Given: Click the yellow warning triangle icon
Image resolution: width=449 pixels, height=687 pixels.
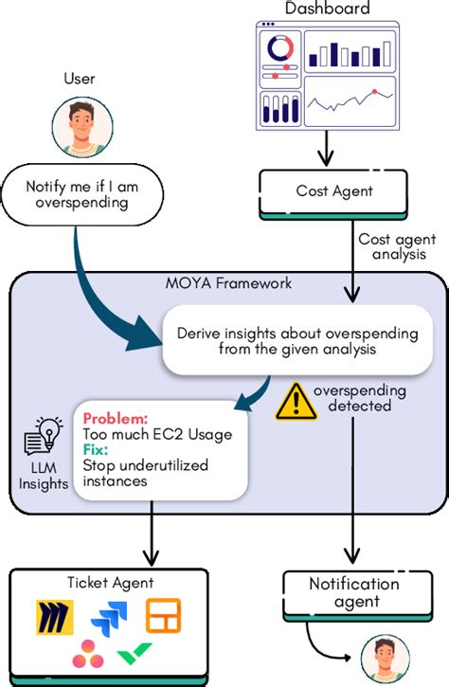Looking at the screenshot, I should pyautogui.click(x=295, y=402).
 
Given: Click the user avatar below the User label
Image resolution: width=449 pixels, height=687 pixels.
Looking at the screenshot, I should pyautogui.click(x=79, y=128).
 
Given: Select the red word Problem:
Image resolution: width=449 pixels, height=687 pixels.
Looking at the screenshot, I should pyautogui.click(x=114, y=418).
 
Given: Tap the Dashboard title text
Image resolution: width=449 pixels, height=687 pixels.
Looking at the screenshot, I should pyautogui.click(x=327, y=9).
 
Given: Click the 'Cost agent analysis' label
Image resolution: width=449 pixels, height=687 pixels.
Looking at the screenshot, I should pyautogui.click(x=398, y=246).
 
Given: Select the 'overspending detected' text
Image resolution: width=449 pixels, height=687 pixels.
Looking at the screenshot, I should pyautogui.click(x=360, y=398).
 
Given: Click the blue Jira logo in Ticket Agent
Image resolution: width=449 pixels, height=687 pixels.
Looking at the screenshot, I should pyautogui.click(x=103, y=624).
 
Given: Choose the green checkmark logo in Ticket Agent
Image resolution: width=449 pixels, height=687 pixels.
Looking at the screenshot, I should pyautogui.click(x=135, y=656).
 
